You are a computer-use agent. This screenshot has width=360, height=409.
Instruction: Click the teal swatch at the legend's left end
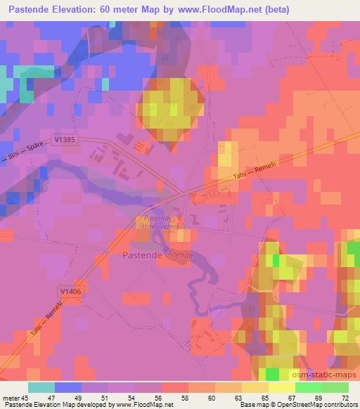click(41, 387)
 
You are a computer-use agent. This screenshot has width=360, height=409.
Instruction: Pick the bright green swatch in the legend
click(309, 387)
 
